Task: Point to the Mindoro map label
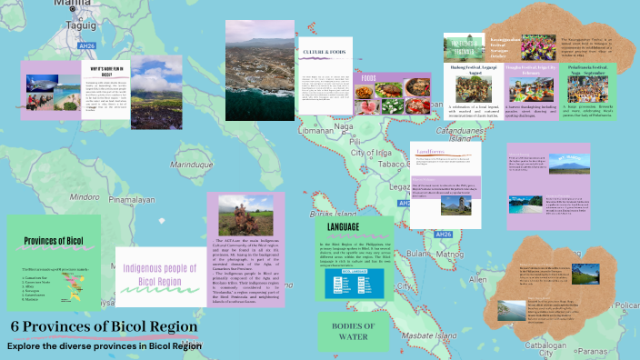85,195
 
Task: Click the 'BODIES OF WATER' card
354,331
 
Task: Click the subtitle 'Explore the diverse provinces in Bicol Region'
104,345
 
